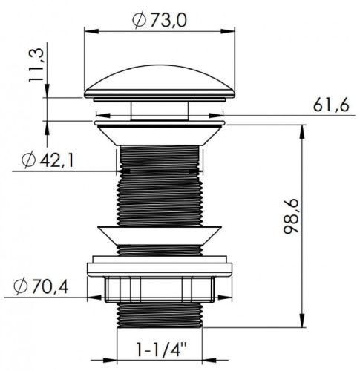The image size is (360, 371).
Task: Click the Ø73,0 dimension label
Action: click(160, 20)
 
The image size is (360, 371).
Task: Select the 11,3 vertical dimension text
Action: click(36, 65)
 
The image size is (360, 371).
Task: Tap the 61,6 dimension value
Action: click(331, 105)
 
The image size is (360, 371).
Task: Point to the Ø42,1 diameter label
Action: click(48, 161)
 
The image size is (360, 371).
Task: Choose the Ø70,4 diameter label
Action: click(41, 287)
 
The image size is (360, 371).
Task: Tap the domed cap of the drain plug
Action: click(160, 82)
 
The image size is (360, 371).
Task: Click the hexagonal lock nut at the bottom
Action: click(160, 289)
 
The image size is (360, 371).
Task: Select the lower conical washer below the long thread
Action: click(160, 235)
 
